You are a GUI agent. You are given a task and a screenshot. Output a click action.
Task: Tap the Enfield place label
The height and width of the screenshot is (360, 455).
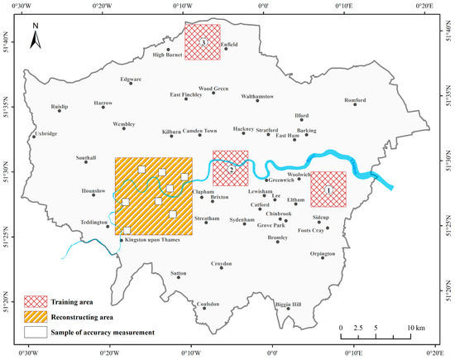[x=230, y=45]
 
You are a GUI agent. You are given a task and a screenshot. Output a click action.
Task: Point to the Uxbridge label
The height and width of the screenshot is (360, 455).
[x=46, y=134]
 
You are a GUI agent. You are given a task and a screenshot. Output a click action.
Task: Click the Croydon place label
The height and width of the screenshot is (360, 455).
[x=221, y=263]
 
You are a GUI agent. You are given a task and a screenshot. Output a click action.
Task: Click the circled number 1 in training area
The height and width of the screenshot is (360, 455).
[x=328, y=190]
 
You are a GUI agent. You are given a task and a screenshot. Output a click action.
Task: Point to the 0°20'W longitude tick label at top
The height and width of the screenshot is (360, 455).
[x=103, y=7]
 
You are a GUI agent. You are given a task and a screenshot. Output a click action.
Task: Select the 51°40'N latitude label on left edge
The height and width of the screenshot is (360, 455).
[x=7, y=41]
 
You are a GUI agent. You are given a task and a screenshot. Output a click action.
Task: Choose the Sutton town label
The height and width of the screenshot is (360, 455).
[x=178, y=271]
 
